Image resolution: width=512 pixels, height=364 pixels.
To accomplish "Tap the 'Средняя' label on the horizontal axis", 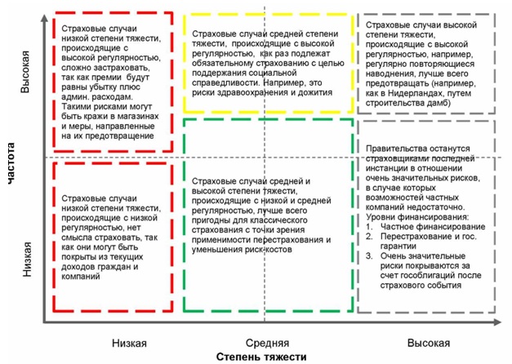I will coord(266,340).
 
